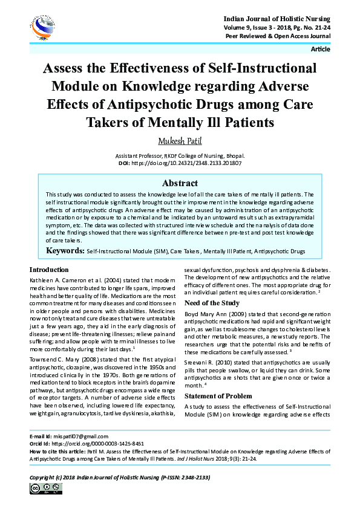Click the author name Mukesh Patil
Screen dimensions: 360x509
180,141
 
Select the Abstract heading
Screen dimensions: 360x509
180,183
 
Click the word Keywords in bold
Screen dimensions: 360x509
65,250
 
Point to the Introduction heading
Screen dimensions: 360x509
49,270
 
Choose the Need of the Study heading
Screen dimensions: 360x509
212,303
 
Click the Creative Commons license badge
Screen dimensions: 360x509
40,488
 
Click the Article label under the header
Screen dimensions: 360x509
320,49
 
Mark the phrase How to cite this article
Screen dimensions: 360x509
56,452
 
